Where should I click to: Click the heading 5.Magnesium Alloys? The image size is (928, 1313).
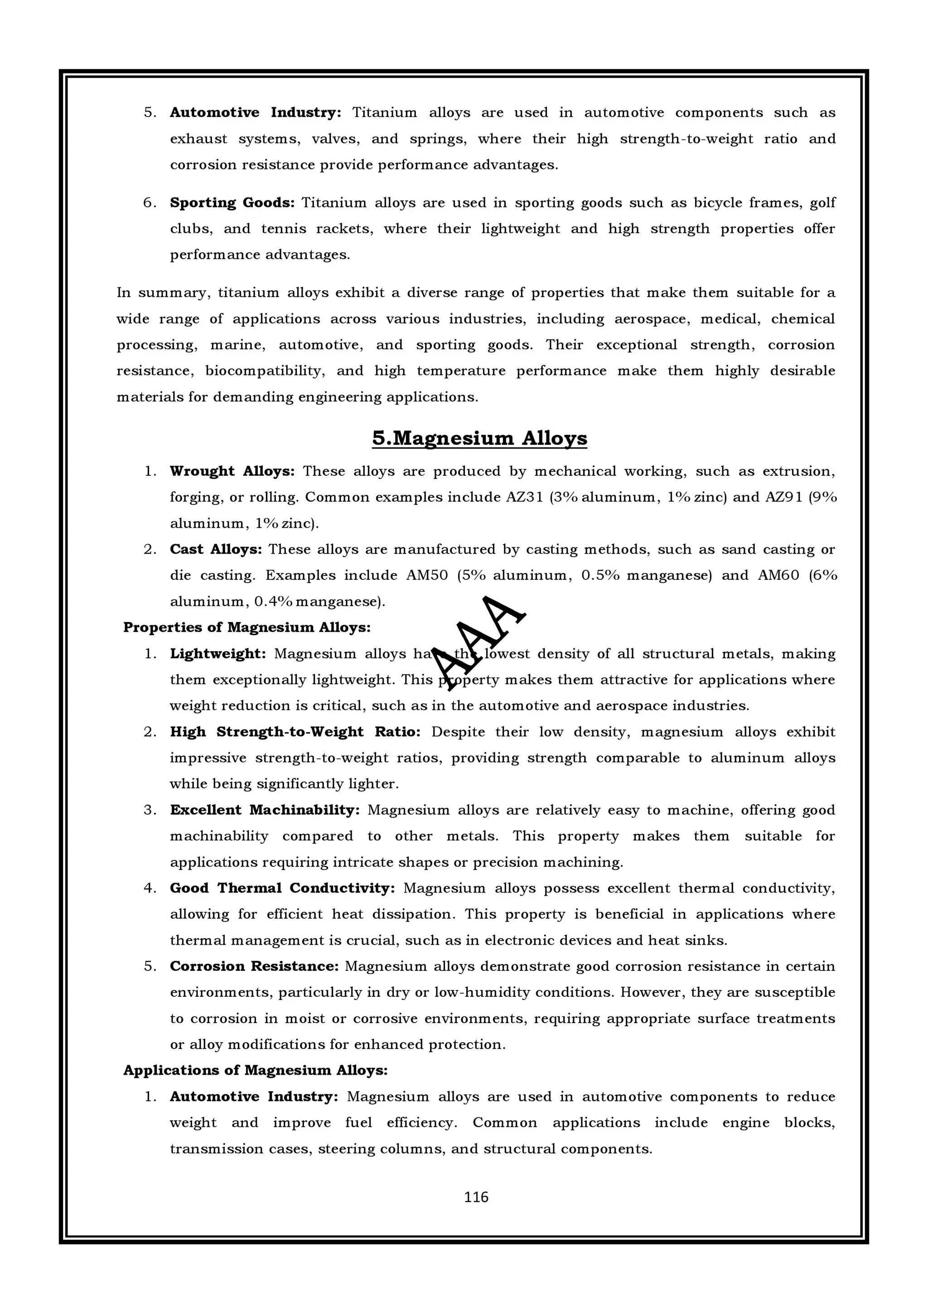tap(479, 439)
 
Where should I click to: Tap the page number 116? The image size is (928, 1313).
tap(476, 1197)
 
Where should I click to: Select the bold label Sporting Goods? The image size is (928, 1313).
tap(232, 203)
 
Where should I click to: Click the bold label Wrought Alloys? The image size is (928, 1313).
tap(232, 471)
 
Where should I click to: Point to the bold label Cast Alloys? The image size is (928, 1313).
tap(216, 550)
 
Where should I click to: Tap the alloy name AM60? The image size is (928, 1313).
tap(778, 575)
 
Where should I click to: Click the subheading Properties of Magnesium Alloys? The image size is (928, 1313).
tap(247, 628)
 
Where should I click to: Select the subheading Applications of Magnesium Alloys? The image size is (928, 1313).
tap(256, 1071)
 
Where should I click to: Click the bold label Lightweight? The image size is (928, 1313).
tap(218, 654)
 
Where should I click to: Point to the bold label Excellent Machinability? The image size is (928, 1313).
tap(265, 811)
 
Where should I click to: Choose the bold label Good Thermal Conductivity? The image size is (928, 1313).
tap(282, 888)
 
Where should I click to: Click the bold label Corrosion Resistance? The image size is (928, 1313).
tap(255, 966)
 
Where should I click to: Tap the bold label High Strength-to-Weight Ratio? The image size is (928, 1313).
tap(295, 732)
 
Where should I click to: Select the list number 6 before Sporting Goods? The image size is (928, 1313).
tap(149, 203)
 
